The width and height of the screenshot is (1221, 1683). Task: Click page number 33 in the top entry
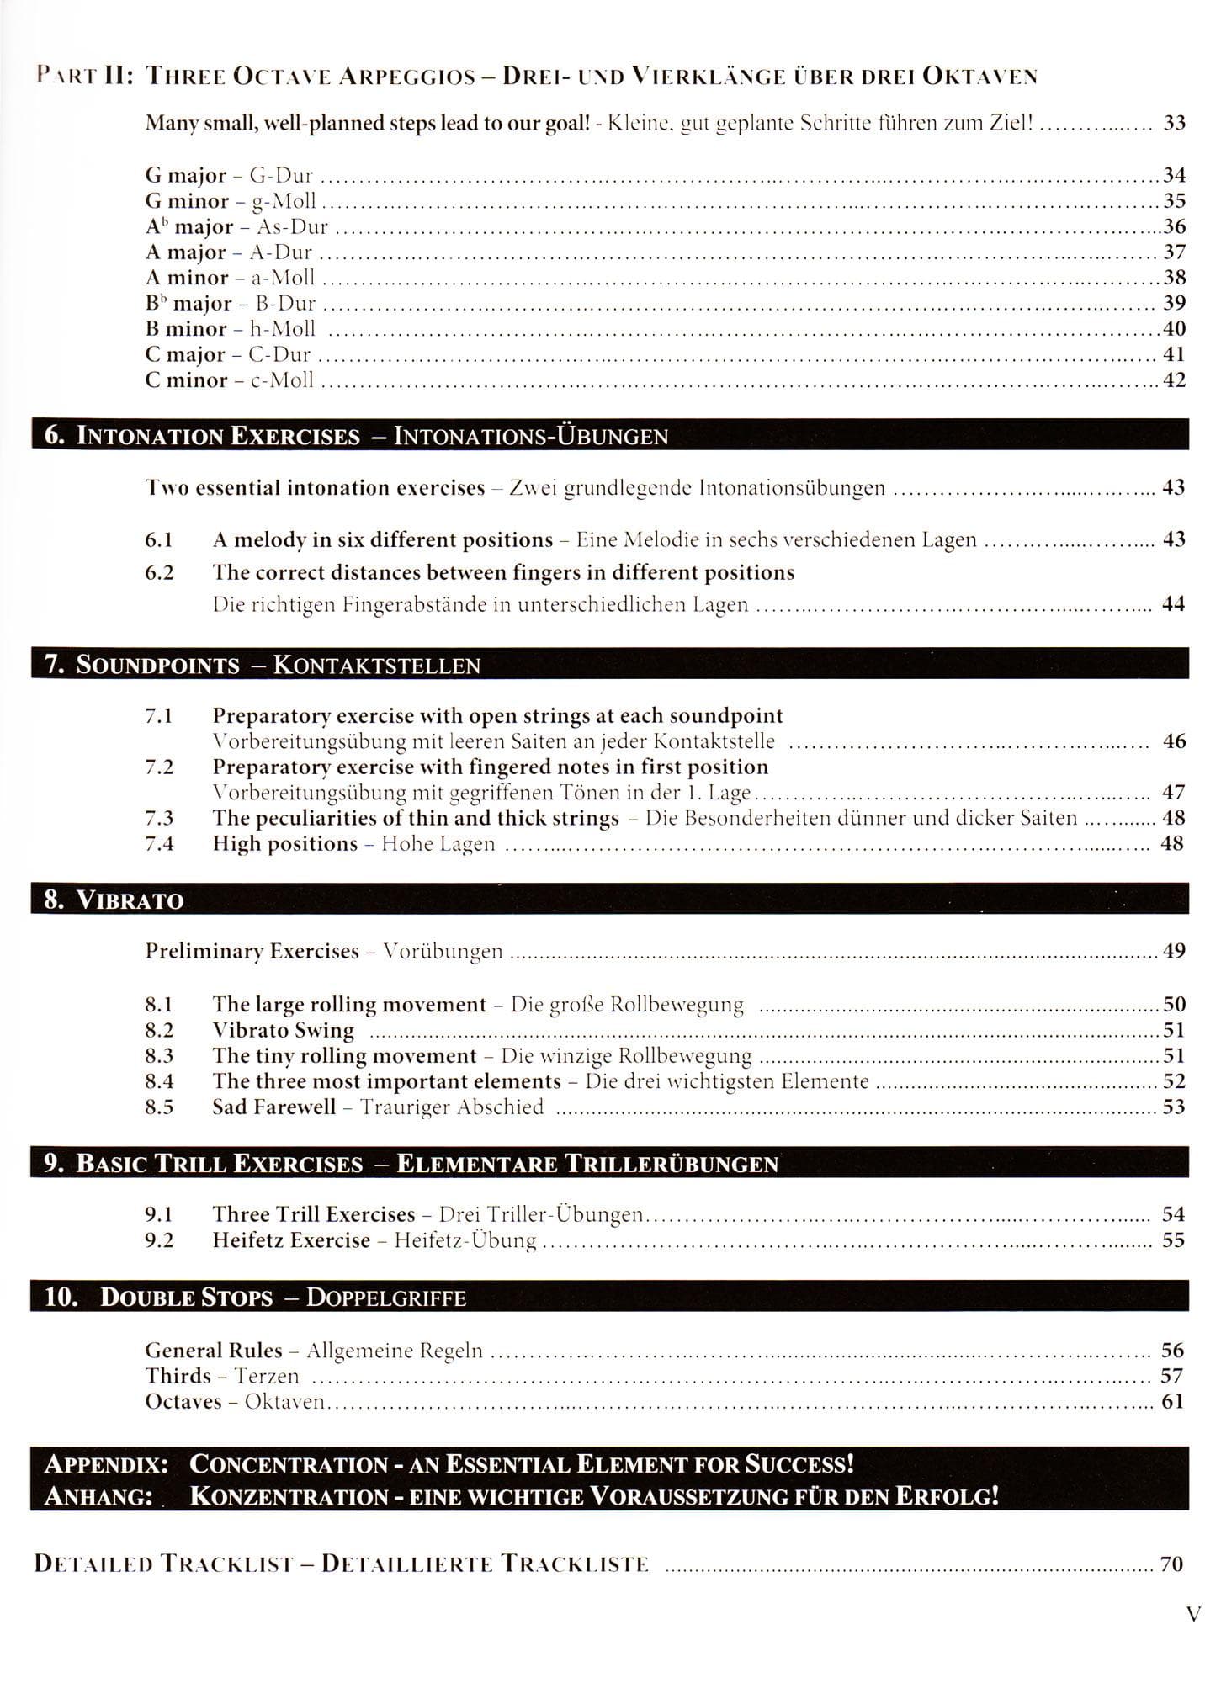(x=1174, y=123)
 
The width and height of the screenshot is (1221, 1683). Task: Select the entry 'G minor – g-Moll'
(x=231, y=201)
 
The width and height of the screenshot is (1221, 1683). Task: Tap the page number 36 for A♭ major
(x=1174, y=226)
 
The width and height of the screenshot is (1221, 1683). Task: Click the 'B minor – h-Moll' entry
(x=231, y=329)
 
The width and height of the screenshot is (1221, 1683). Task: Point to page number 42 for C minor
(x=1174, y=380)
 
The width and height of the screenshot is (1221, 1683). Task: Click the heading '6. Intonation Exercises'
(x=202, y=436)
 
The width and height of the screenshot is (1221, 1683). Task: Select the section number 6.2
(x=159, y=572)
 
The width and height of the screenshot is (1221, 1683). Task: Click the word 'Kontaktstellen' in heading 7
(x=377, y=665)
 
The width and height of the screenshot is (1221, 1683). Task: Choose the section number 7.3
(x=159, y=818)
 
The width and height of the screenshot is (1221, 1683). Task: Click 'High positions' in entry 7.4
(x=284, y=843)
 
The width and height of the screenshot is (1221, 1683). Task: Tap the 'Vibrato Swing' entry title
(x=283, y=1030)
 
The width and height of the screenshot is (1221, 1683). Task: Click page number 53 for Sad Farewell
(x=1173, y=1107)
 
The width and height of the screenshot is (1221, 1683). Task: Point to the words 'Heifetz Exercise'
(x=291, y=1240)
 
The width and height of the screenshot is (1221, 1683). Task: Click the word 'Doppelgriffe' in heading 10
(x=385, y=1297)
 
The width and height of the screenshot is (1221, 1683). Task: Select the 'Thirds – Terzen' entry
(x=221, y=1376)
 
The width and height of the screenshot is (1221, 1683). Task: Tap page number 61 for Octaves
(x=1172, y=1401)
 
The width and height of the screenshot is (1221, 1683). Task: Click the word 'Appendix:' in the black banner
(x=105, y=1463)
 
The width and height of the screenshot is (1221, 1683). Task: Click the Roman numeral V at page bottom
(x=1192, y=1614)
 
